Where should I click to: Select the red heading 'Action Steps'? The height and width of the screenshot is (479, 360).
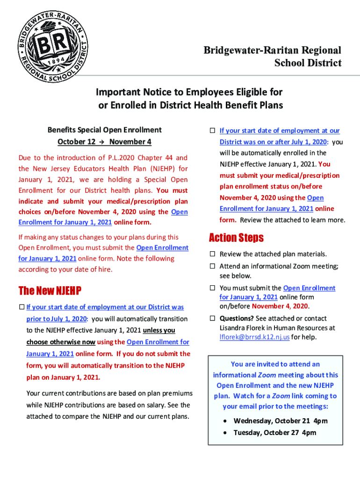pyautogui.click(x=236, y=238)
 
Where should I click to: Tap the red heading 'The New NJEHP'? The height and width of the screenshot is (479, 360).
pyautogui.click(x=50, y=291)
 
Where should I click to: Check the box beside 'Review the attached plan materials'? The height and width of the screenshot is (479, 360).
pyautogui.click(x=212, y=254)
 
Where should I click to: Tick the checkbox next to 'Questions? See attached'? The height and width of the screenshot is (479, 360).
pyautogui.click(x=212, y=319)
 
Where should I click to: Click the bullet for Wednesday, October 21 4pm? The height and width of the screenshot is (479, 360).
pyautogui.click(x=225, y=421)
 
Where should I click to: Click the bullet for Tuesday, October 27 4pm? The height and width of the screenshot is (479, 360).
pyautogui.click(x=225, y=433)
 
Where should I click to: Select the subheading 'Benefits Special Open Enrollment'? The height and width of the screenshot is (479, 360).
pyautogui.click(x=104, y=130)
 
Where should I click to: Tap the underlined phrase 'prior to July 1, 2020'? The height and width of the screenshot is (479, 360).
pyautogui.click(x=56, y=319)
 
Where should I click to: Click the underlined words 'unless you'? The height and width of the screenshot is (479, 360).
pyautogui.click(x=159, y=330)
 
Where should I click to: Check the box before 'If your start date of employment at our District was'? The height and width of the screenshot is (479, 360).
pyautogui.click(x=22, y=307)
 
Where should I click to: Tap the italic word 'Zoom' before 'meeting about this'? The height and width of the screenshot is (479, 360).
pyautogui.click(x=267, y=375)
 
